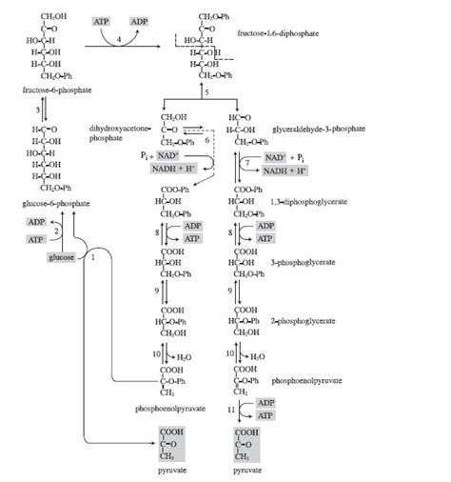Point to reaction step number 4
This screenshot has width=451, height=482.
tap(119, 38)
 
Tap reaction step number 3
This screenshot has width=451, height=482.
tap(37, 111)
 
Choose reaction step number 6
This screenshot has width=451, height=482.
tap(206, 140)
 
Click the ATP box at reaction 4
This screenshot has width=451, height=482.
tap(102, 21)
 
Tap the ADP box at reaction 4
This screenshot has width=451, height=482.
tap(139, 21)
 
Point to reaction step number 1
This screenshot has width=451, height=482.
tap(94, 257)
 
